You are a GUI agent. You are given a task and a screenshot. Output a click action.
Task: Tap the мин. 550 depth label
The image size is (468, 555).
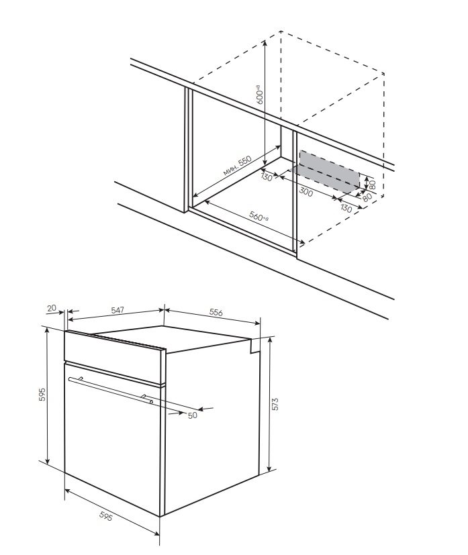coord(238,166)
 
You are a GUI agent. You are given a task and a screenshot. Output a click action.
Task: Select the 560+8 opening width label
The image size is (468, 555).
coord(259,216)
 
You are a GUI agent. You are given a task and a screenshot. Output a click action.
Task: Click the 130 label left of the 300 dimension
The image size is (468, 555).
coord(267,176)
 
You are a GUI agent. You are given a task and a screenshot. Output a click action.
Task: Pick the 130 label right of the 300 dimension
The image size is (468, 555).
coord(346,208)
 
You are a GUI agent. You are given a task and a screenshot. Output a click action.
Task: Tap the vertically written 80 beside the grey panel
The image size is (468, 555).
coord(372,185)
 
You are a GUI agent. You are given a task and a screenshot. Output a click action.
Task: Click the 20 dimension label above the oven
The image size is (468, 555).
coord(52,308)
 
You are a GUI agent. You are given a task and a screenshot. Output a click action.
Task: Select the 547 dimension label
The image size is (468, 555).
coord(118,310)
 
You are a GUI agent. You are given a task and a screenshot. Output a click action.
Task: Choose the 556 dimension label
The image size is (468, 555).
coord(216,312)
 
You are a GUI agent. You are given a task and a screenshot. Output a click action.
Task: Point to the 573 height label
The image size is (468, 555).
coord(276,404)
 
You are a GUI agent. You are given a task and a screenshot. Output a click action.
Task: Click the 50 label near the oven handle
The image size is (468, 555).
coord(192,415)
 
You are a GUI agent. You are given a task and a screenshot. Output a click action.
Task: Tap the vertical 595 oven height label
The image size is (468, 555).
coord(42,395)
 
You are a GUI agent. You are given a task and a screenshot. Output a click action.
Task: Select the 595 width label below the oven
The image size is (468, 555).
coord(106,517)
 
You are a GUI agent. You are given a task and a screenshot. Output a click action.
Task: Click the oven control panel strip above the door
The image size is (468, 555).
coord(115,358)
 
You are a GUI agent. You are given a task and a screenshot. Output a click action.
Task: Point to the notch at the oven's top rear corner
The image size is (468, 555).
coord(255,346)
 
